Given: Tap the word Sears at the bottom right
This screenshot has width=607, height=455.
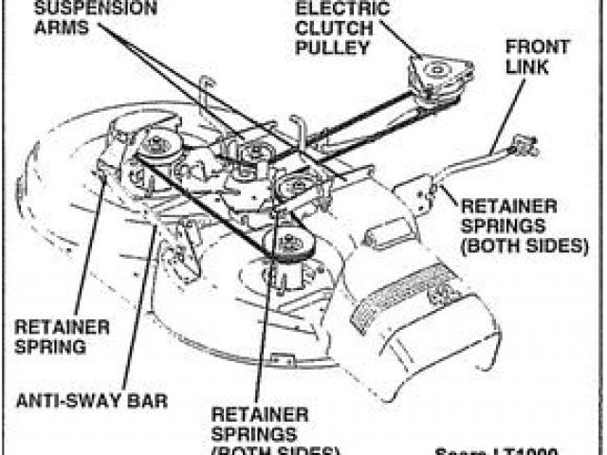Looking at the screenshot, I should point(464,449).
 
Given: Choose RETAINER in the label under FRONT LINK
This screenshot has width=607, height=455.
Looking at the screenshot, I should point(502,207).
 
